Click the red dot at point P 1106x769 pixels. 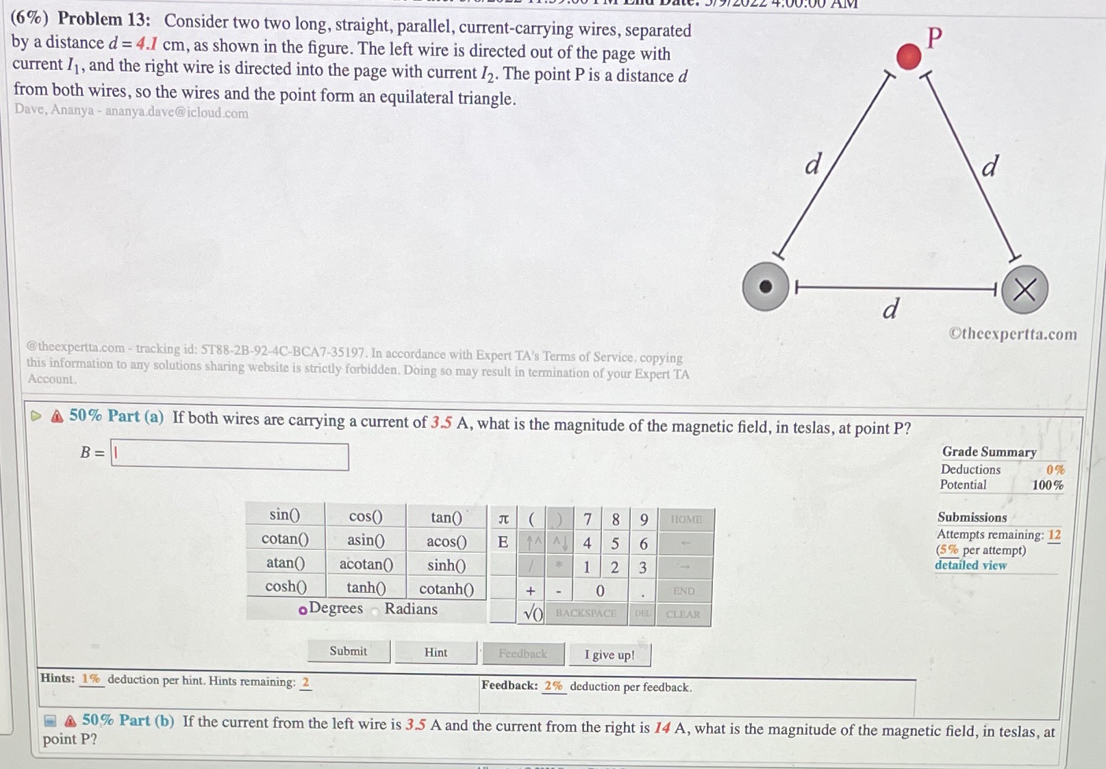click(908, 56)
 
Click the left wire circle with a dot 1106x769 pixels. click(766, 286)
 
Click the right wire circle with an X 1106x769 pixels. click(1024, 290)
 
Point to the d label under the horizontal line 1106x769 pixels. click(890, 310)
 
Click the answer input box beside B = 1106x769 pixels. click(230, 455)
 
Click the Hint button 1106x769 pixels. click(436, 652)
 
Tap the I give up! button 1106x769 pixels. click(609, 655)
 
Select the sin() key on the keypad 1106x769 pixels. click(285, 514)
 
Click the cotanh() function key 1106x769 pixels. click(447, 588)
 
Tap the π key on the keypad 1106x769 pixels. click(503, 518)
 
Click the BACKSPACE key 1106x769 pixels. click(586, 614)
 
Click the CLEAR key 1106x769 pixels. click(683, 614)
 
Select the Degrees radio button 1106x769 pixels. click(303, 609)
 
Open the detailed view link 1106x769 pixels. click(970, 565)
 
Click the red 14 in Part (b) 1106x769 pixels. click(662, 727)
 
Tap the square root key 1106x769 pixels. click(533, 614)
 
